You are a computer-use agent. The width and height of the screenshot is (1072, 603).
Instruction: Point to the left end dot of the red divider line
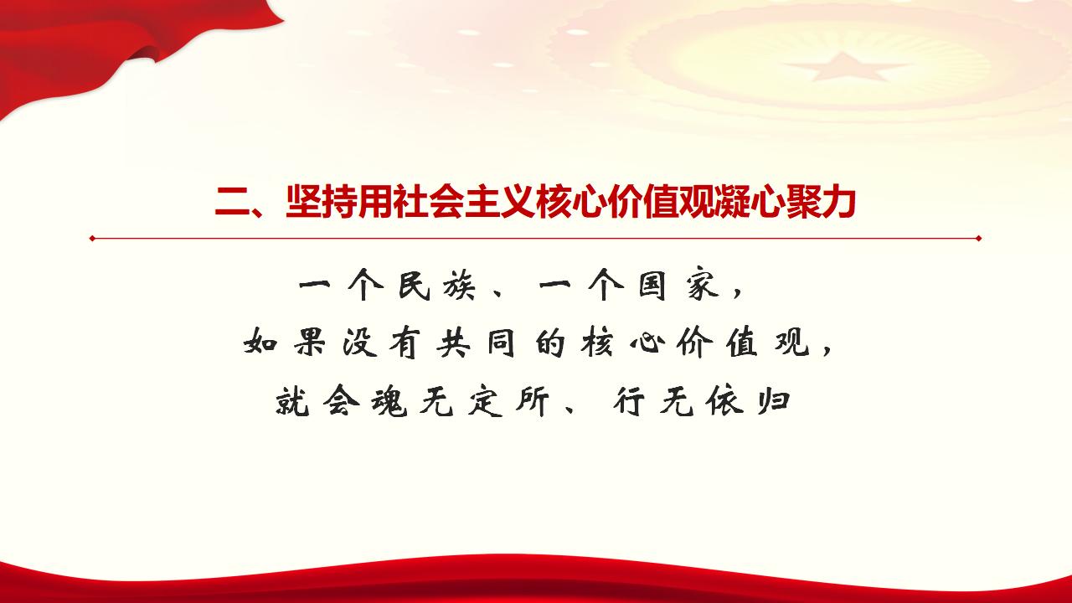point(92,239)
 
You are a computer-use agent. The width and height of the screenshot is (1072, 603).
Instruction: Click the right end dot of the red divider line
point(978,239)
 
